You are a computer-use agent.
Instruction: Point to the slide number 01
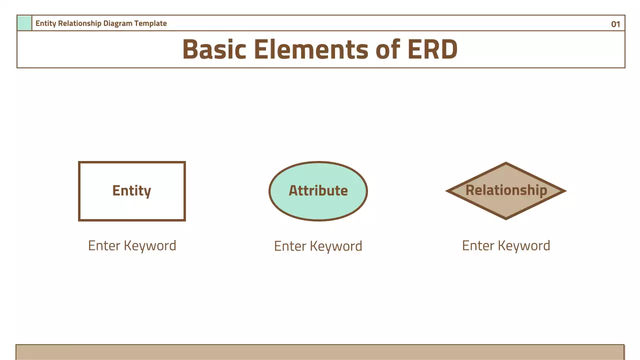pyautogui.click(x=615, y=24)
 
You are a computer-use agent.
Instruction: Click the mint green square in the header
pyautogui.click(x=24, y=23)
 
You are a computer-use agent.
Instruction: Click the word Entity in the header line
pyautogui.click(x=45, y=23)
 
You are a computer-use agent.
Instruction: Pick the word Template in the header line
pyautogui.click(x=150, y=23)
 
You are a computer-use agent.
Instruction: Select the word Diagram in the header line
pyautogui.click(x=118, y=23)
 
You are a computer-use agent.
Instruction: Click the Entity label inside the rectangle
pyautogui.click(x=131, y=190)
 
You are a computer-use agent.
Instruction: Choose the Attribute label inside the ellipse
pyautogui.click(x=318, y=190)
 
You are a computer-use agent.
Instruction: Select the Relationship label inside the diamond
pyautogui.click(x=506, y=190)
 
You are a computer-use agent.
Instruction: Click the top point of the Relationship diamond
pyautogui.click(x=506, y=163)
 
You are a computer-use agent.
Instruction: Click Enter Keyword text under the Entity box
pyautogui.click(x=132, y=245)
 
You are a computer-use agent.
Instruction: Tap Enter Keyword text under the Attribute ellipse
pyautogui.click(x=318, y=246)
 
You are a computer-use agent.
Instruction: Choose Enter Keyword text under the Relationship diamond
pyautogui.click(x=506, y=245)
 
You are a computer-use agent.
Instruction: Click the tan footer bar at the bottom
pyautogui.click(x=320, y=352)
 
